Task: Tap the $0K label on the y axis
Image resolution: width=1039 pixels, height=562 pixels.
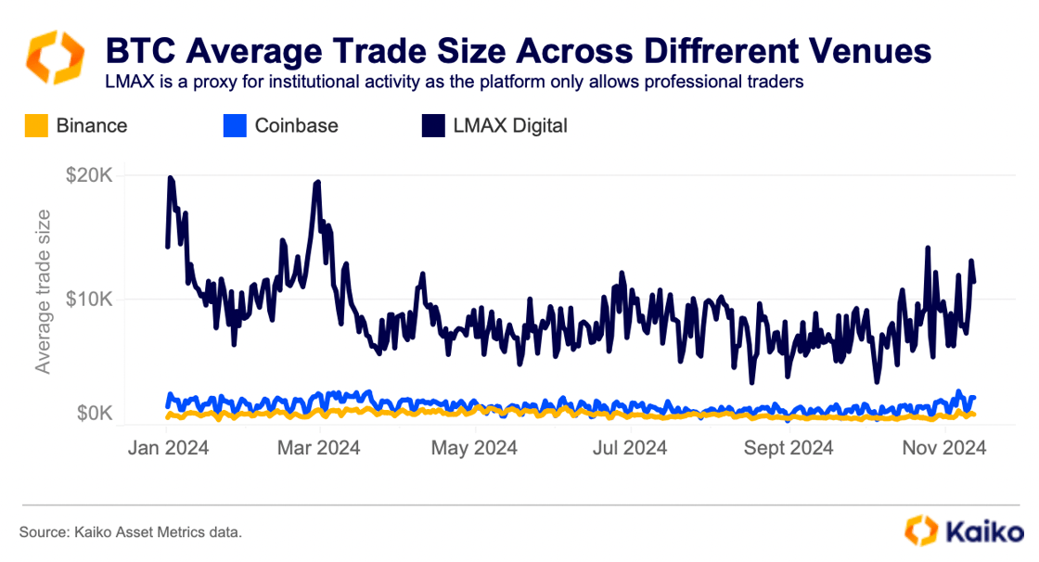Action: click(96, 414)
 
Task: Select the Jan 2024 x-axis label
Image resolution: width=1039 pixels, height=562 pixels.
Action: click(168, 447)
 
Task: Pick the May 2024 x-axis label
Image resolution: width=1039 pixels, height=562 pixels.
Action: click(475, 447)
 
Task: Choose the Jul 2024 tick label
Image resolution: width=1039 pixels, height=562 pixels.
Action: click(631, 447)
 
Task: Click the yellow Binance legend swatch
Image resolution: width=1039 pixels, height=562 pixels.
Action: click(36, 125)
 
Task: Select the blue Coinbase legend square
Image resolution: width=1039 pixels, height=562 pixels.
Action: click(235, 125)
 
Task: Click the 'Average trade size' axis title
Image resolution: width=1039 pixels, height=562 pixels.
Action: click(43, 292)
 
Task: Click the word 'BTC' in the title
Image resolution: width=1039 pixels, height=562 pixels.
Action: click(135, 49)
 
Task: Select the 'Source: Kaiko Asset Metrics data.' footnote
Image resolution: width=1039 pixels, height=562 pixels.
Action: click(130, 532)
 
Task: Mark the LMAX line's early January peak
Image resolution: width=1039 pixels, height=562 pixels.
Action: click(170, 177)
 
